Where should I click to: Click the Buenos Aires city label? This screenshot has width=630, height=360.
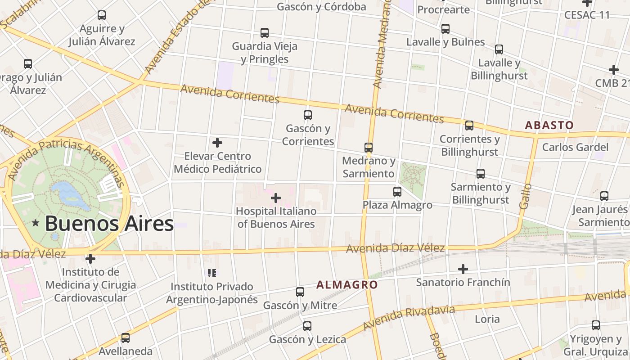coord(109,224)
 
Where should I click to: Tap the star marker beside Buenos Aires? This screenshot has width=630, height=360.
coord(36,223)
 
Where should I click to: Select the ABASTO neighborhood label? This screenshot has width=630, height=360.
coord(549,125)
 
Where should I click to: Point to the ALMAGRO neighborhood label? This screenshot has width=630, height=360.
coord(346,284)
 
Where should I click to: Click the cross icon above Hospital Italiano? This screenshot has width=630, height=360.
coord(276,198)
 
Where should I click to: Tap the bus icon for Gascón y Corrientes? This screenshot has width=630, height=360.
coord(308,115)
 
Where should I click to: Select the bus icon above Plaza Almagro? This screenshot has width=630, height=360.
coord(397,192)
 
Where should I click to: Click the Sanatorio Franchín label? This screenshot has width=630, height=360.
coord(463,282)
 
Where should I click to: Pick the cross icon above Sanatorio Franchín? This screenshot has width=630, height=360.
coord(463,269)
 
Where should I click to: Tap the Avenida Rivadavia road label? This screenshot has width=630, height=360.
coord(409,318)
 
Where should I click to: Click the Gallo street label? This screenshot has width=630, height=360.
coord(525,196)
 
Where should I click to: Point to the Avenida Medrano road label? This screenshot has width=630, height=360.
coord(380,45)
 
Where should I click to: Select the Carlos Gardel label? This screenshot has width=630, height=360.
coord(575,147)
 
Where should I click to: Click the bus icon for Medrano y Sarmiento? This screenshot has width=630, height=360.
coord(369,147)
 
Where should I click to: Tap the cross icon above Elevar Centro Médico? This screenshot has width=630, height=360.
coord(217,143)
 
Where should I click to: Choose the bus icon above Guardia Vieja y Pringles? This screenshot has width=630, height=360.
coord(265,33)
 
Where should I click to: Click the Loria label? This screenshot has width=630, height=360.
coord(487,319)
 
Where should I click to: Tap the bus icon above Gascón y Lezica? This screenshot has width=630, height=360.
coord(307,326)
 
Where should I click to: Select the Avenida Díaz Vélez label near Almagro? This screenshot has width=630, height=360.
coord(396,248)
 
